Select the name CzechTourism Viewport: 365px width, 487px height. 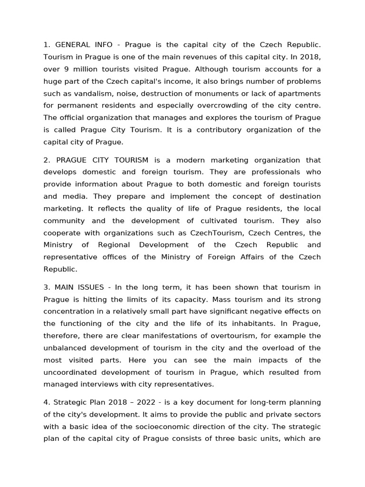[214, 233]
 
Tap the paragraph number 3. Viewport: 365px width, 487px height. [46, 288]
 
